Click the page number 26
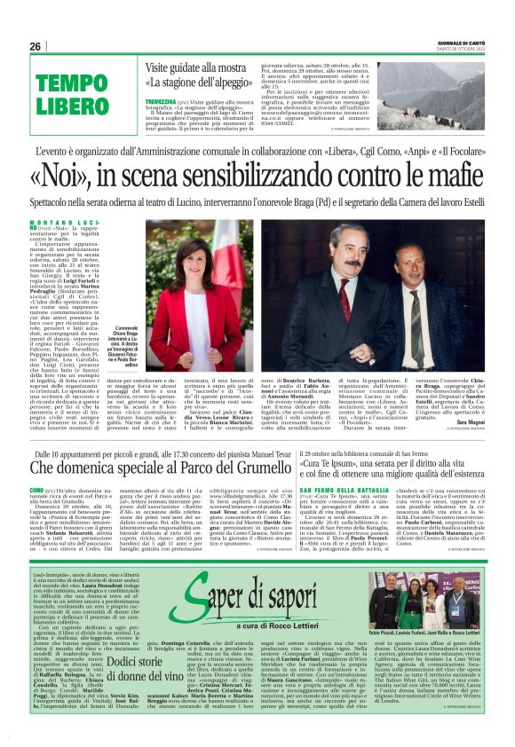click(36, 46)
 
